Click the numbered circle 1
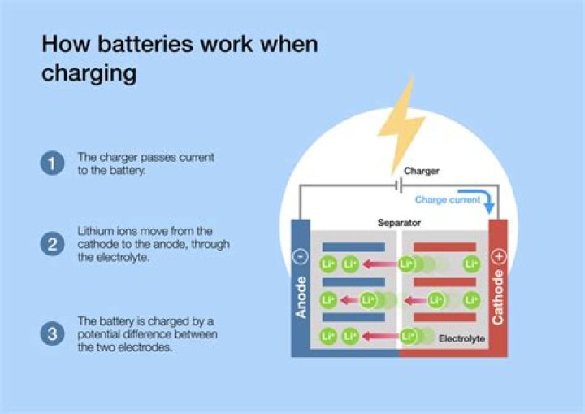pyautogui.click(x=51, y=163)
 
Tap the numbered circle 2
pyautogui.click(x=51, y=244)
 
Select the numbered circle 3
pyautogui.click(x=51, y=333)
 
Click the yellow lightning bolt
pyautogui.click(x=401, y=123)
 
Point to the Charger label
pyautogui.click(x=421, y=172)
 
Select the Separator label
pyautogui.click(x=398, y=222)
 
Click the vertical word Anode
pyautogui.click(x=301, y=297)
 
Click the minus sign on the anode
pyautogui.click(x=301, y=256)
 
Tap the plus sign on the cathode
pyautogui.click(x=498, y=256)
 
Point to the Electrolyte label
pyautogui.click(x=461, y=338)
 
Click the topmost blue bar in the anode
pyautogui.click(x=353, y=246)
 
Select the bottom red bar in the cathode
pyautogui.click(x=444, y=317)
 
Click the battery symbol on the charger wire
pyautogui.click(x=398, y=186)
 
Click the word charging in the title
pyautogui.click(x=89, y=74)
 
